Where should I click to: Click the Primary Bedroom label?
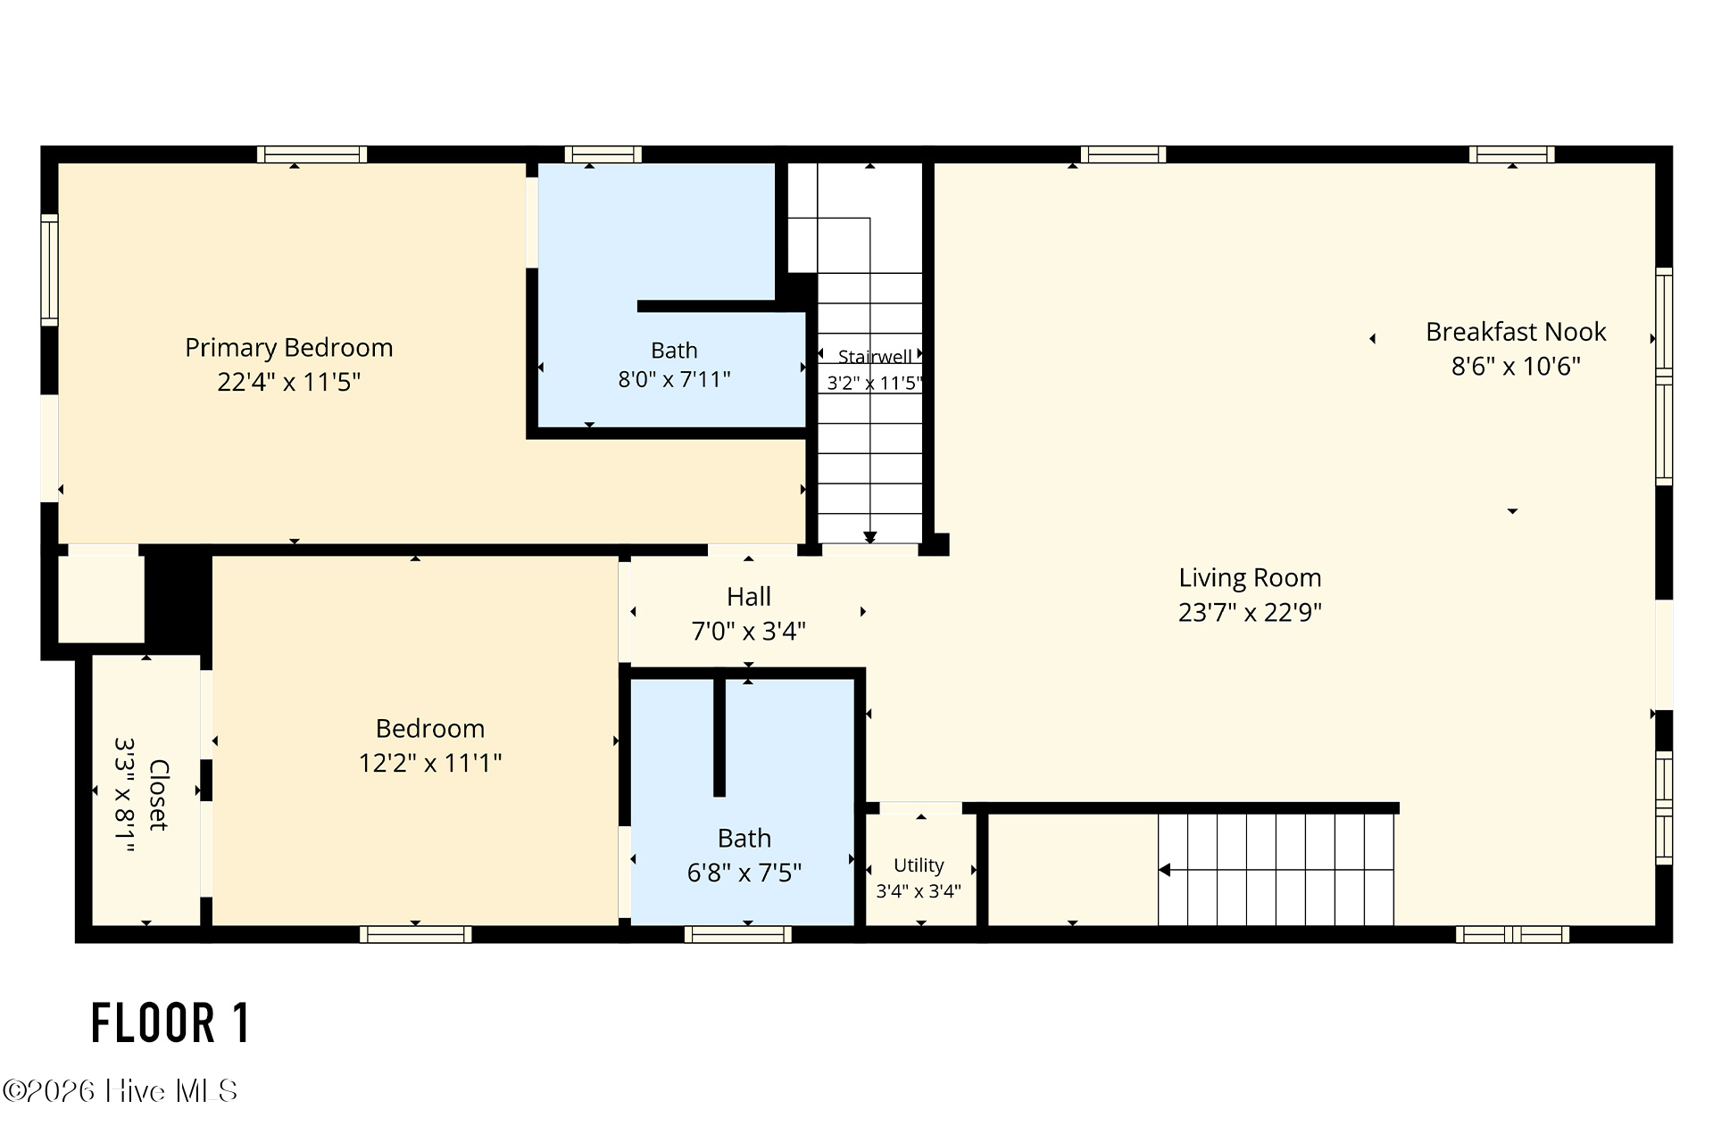[x=288, y=348]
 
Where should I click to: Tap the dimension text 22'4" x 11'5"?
[x=288, y=382]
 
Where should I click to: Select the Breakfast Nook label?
[x=1516, y=332]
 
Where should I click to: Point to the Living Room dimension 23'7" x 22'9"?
[x=1250, y=612]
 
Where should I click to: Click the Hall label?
[x=749, y=597]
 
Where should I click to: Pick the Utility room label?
[x=919, y=865]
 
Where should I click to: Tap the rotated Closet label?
[x=158, y=795]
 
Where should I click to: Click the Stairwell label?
[x=875, y=357]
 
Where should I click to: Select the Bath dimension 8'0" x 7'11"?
[x=674, y=379]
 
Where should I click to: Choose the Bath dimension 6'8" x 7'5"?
[x=744, y=873]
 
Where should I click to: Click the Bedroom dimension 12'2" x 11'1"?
[x=430, y=763]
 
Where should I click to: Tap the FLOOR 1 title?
[x=170, y=1023]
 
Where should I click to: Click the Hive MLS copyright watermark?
[x=121, y=1091]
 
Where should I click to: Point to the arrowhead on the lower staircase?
[x=1164, y=870]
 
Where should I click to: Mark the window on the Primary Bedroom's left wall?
[x=49, y=269]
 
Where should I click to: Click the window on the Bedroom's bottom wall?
[x=416, y=934]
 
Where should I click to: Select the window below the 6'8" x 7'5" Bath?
[x=738, y=934]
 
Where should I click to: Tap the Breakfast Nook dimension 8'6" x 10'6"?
[x=1516, y=366]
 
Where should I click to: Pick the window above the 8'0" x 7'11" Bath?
[x=603, y=154]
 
